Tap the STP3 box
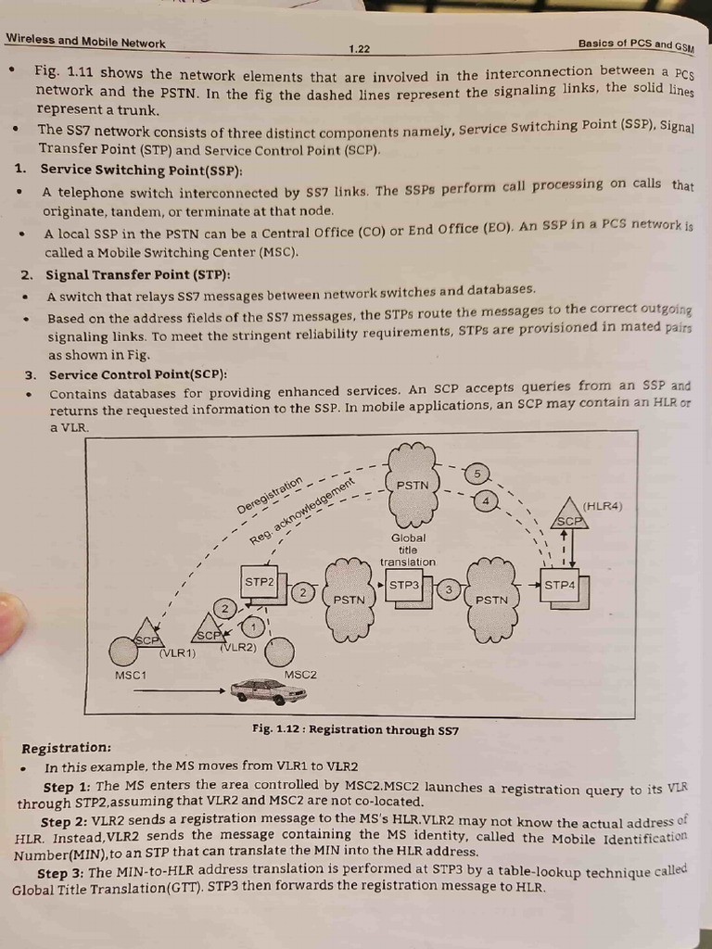(405, 587)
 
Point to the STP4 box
(560, 587)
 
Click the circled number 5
(477, 474)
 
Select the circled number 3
(449, 589)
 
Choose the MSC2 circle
(279, 652)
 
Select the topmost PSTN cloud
(413, 485)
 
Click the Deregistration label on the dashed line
(270, 495)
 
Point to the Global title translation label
(408, 550)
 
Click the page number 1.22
(360, 48)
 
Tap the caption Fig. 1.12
(355, 729)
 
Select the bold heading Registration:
(66, 748)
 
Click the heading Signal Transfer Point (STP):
(138, 275)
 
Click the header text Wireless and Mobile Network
(85, 42)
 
